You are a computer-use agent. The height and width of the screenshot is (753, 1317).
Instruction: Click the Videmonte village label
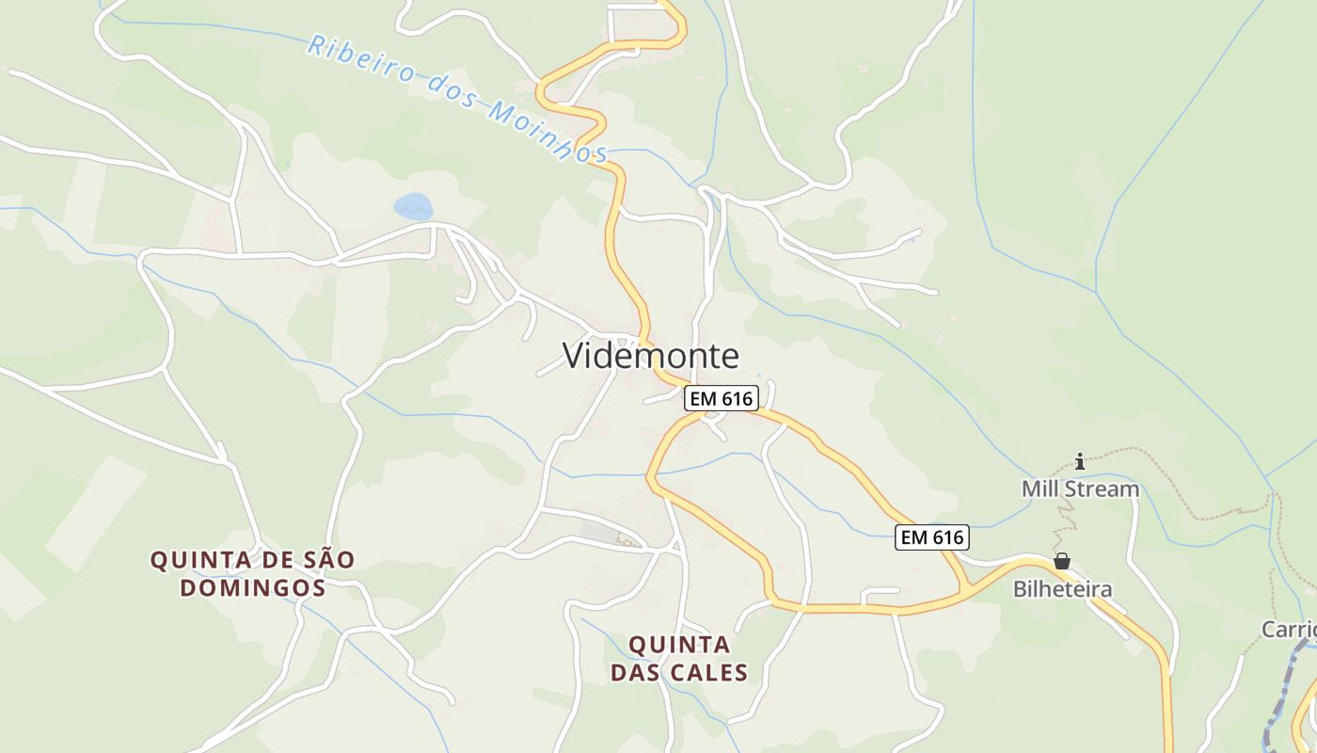pos(651,356)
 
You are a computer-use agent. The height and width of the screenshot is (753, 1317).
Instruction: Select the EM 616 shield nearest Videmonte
pos(722,399)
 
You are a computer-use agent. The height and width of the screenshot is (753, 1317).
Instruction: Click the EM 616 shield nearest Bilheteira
pos(931,537)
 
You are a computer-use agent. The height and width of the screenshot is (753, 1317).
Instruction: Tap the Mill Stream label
pos(1080,489)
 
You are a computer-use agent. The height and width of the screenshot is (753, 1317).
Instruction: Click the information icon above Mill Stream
pos(1080,461)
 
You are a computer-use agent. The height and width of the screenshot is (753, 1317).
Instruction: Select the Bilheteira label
pos(1062,590)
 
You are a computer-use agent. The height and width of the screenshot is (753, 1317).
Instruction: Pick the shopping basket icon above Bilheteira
pos(1062,562)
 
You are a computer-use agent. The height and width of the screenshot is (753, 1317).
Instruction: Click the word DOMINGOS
pos(252,588)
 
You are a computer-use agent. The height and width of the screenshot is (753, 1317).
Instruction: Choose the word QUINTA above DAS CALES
pos(679,645)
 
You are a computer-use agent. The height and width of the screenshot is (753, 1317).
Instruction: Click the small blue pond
pos(413,206)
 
